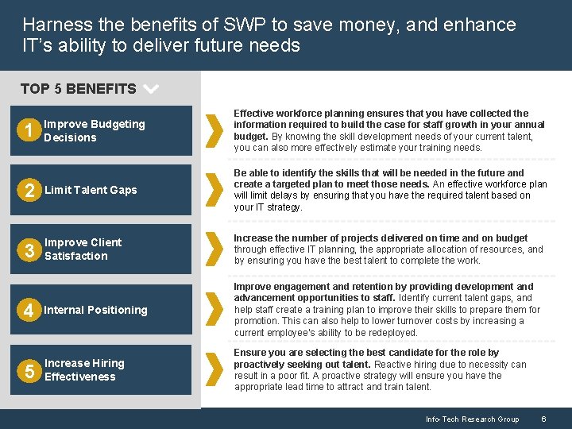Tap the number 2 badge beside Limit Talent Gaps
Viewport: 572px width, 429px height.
[x=29, y=191]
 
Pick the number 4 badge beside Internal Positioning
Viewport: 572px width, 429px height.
[x=29, y=311]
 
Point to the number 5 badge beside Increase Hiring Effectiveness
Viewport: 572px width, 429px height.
[x=29, y=371]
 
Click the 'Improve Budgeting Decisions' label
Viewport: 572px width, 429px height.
[x=94, y=131]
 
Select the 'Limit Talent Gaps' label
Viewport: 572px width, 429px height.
[x=91, y=191]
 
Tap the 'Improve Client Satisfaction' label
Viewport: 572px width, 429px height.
[x=83, y=249]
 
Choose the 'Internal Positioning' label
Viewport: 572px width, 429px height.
[x=95, y=311]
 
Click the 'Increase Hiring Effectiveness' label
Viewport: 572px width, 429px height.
[x=84, y=370]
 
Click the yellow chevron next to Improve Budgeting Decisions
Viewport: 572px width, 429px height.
[x=214, y=131]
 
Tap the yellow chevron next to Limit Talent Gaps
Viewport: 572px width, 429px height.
[x=214, y=191]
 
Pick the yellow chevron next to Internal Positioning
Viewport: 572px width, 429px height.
[x=214, y=311]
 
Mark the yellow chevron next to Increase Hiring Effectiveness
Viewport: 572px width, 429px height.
[x=214, y=370]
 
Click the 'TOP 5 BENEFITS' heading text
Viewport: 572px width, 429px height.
[x=78, y=89]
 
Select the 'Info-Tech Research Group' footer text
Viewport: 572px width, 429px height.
[x=472, y=419]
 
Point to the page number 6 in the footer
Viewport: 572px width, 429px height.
[x=543, y=419]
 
